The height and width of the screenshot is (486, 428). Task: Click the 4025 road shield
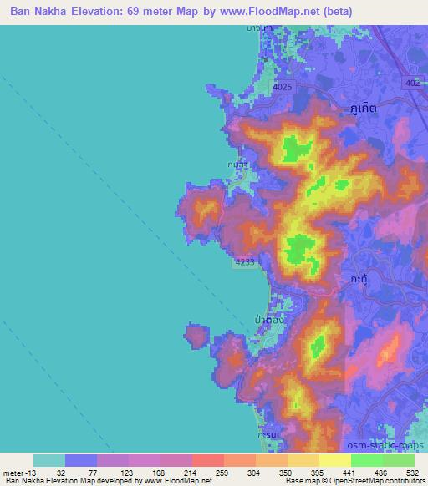[284, 86]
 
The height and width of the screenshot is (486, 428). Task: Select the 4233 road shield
[244, 262]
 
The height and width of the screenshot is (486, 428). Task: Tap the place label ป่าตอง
[270, 318]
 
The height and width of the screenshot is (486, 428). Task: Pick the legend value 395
[318, 472]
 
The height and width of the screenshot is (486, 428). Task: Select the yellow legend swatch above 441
[335, 460]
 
